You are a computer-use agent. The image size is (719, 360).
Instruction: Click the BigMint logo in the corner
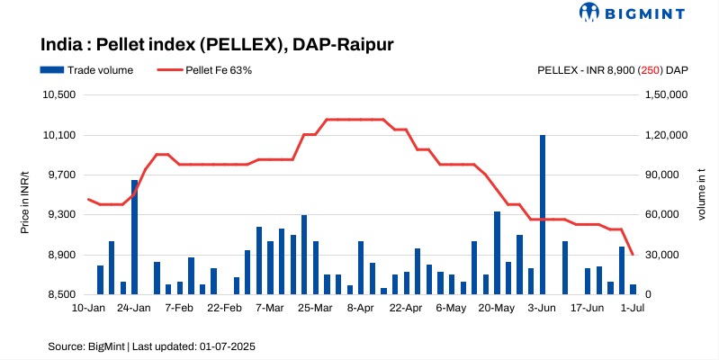click(x=633, y=13)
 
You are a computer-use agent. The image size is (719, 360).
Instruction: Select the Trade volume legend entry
click(x=87, y=69)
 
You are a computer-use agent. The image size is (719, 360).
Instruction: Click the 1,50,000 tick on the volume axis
click(x=669, y=95)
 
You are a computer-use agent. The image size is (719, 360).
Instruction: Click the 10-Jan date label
click(x=88, y=308)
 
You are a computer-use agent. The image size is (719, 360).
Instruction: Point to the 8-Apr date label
click(x=360, y=308)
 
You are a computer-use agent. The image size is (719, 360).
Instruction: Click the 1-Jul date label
click(x=634, y=308)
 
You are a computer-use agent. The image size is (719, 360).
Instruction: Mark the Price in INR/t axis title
click(x=24, y=194)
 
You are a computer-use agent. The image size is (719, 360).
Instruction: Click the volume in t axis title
click(x=700, y=194)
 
